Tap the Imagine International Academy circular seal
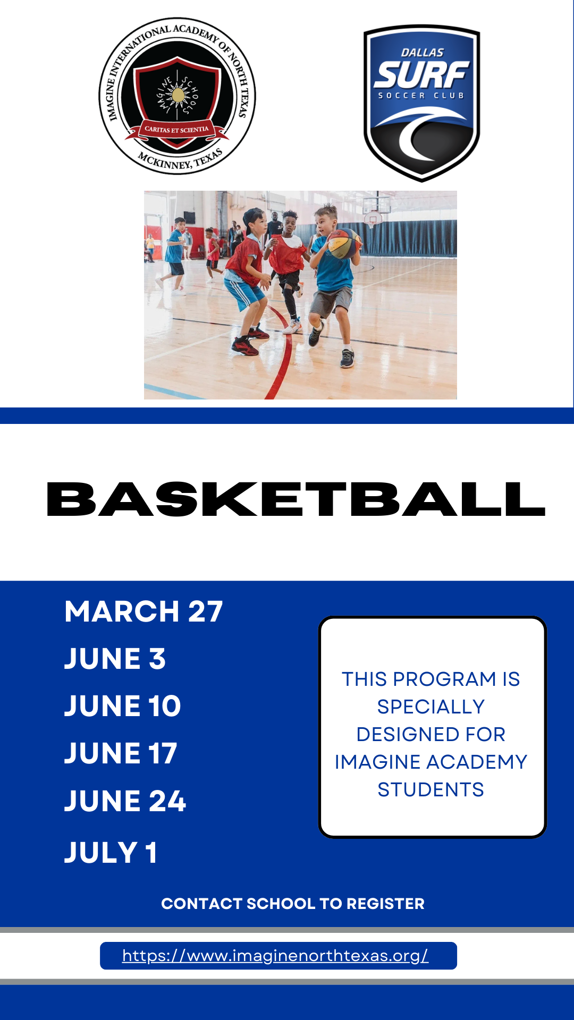(178, 96)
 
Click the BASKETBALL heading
(296, 499)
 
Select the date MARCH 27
(143, 611)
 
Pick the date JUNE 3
(115, 659)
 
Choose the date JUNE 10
(123, 706)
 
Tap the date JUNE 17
(121, 753)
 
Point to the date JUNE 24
(125, 801)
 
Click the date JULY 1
(111, 853)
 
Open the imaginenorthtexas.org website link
(275, 956)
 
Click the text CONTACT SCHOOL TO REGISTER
(293, 904)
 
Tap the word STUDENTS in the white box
(431, 790)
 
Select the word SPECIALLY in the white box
(431, 707)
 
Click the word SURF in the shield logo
(421, 74)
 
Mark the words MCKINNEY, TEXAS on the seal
(181, 159)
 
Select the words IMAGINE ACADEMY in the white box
(431, 762)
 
